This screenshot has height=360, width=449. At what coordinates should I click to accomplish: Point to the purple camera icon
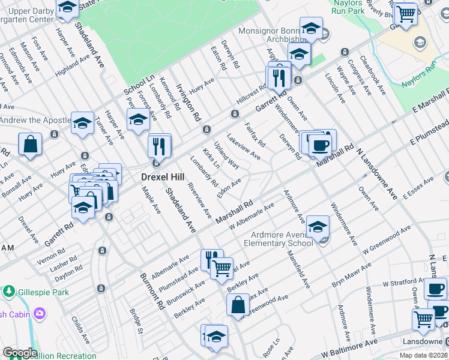[x=40, y=313]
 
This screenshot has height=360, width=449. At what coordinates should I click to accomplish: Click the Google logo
[x=19, y=353]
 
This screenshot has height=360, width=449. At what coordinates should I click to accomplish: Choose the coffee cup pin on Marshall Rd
[x=320, y=145]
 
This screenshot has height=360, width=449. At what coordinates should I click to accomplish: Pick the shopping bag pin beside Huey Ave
[x=30, y=145]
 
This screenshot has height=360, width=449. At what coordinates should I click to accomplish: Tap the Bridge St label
[x=137, y=321]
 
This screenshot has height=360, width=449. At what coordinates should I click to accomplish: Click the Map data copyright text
[x=423, y=355]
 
